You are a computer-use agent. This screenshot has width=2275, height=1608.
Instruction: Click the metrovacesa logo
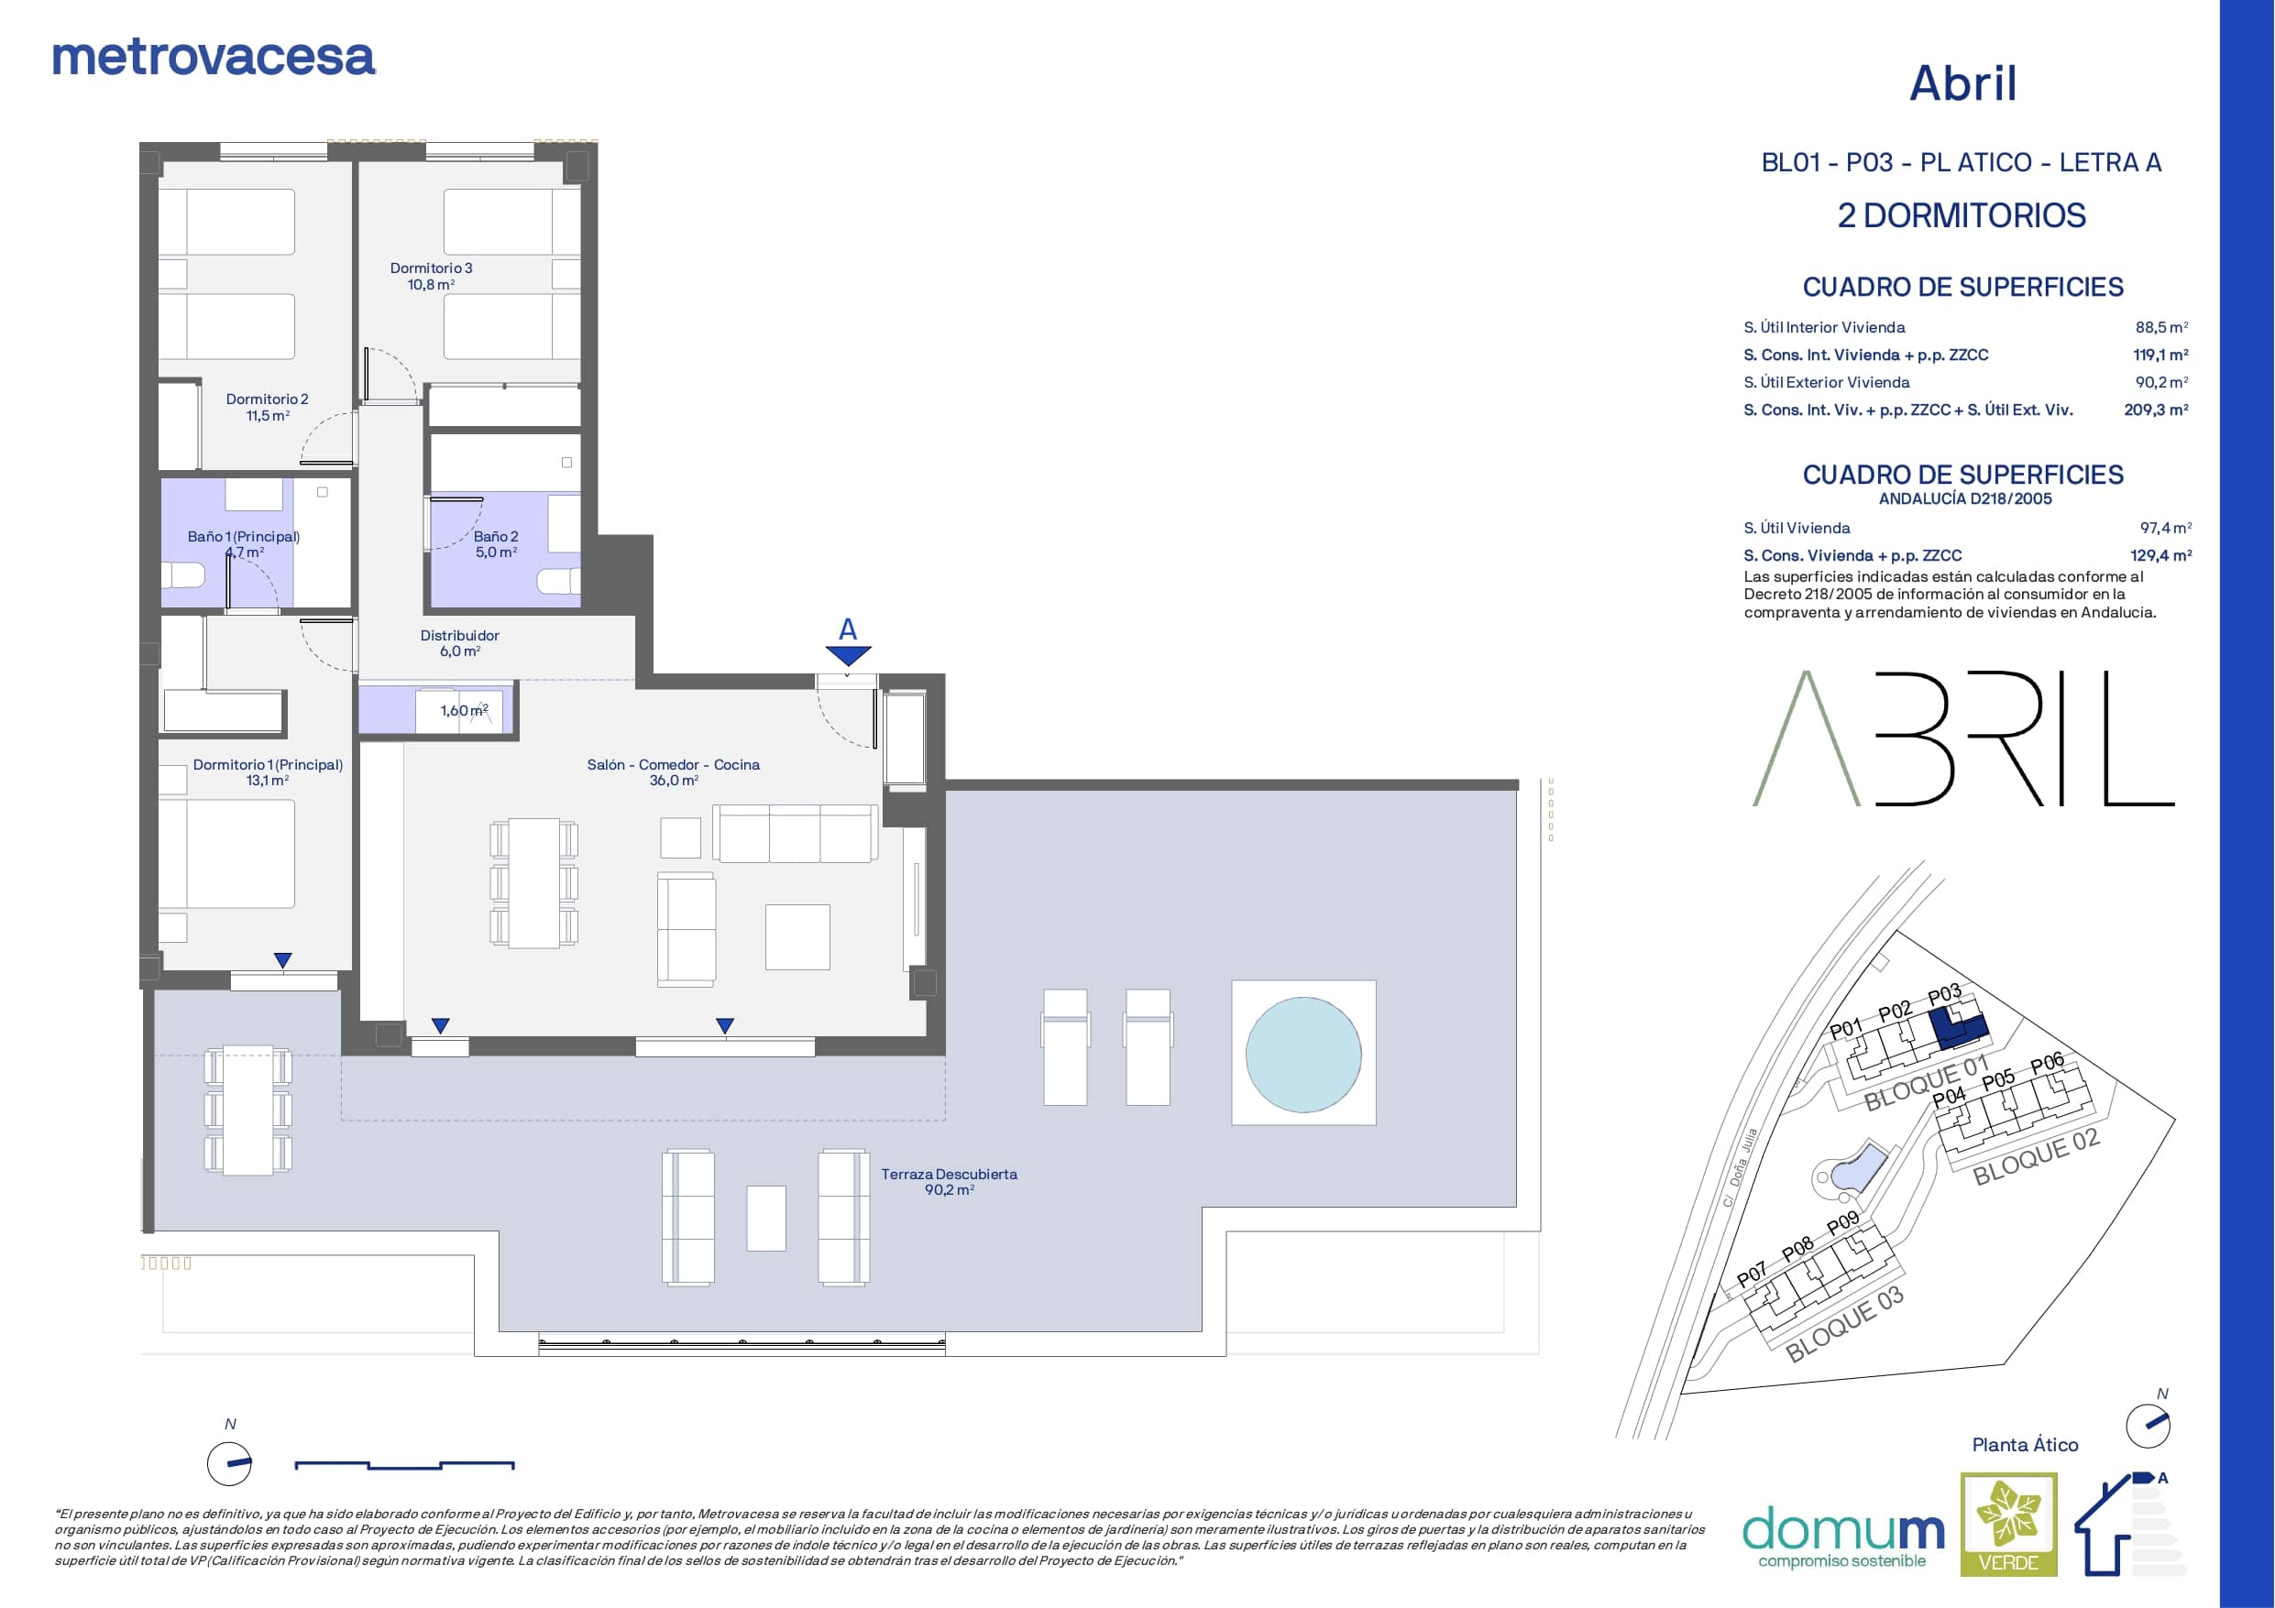point(213,58)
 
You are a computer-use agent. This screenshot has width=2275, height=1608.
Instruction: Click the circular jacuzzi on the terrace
point(1303,1053)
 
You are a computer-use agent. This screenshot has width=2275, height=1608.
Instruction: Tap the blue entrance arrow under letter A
point(848,656)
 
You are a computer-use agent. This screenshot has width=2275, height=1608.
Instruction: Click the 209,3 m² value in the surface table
point(2156,410)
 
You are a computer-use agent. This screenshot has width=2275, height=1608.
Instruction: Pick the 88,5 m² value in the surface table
point(2162,327)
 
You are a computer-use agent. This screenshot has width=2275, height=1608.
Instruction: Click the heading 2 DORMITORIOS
point(1962,216)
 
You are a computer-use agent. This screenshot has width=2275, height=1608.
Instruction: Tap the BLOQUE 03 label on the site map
point(1845,1324)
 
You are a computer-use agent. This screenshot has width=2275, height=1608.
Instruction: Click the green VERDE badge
point(2008,1524)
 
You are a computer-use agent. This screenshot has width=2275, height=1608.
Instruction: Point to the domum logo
point(1843,1537)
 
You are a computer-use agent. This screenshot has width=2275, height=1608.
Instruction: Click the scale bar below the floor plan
point(404,1464)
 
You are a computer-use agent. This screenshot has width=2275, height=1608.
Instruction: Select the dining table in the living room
point(534,882)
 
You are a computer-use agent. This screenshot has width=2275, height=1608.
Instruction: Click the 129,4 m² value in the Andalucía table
point(2161,556)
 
